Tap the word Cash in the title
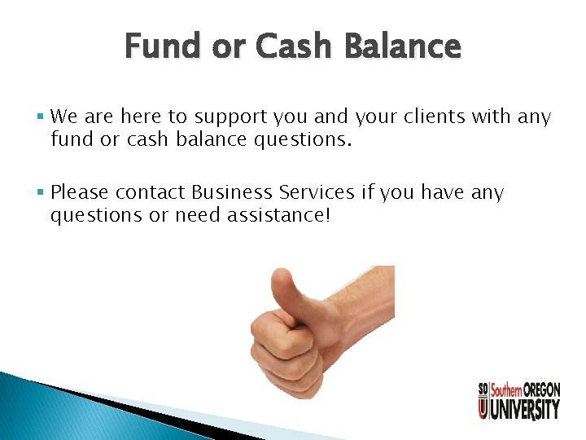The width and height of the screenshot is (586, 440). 293,47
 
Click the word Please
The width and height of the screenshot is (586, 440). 80,193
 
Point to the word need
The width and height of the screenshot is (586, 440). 191,216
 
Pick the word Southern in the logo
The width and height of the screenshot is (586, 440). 505,390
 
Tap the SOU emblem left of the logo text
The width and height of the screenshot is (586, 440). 483,399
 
